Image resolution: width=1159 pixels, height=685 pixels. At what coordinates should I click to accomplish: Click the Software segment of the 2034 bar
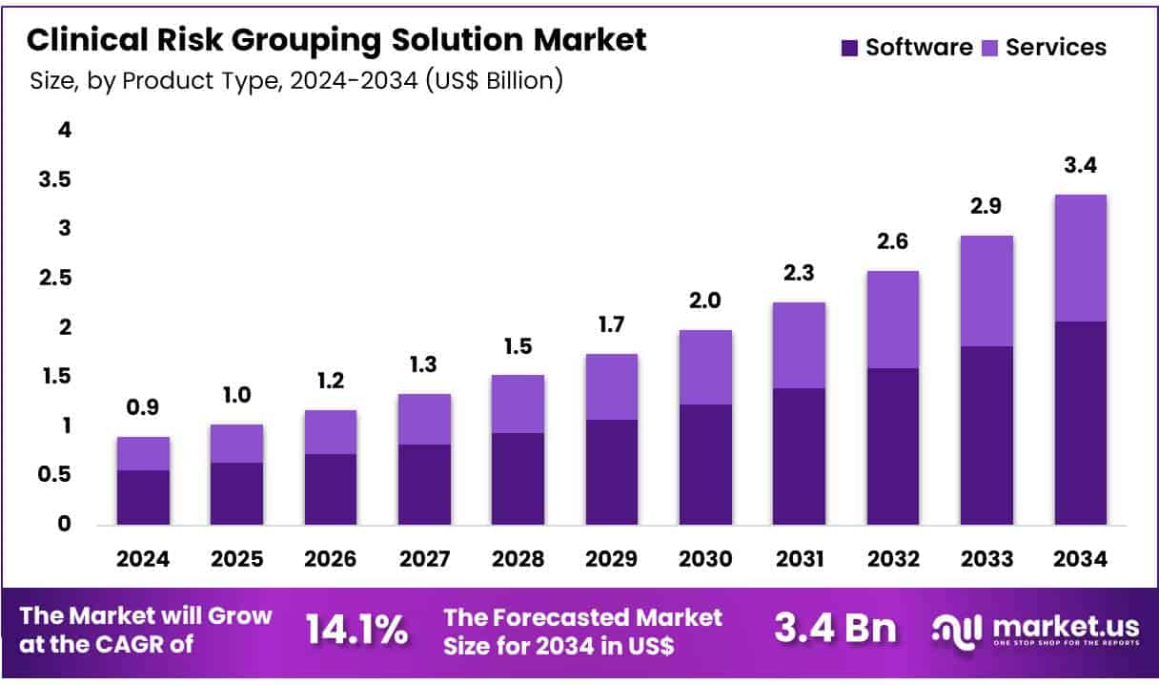(x=1080, y=423)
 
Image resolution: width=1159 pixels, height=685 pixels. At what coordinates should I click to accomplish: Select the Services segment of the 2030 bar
(x=705, y=367)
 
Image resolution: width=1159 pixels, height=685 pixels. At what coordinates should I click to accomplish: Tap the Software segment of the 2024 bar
(x=143, y=497)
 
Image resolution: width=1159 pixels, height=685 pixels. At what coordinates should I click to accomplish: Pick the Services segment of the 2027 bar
(x=424, y=419)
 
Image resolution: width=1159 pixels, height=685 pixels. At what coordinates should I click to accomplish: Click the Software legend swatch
(x=849, y=48)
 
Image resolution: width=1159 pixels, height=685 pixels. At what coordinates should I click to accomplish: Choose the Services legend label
(x=1055, y=48)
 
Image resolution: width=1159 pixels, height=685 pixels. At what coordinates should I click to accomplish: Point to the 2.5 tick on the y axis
(x=51, y=278)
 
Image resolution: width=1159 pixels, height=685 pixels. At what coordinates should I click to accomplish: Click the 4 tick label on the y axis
(x=65, y=130)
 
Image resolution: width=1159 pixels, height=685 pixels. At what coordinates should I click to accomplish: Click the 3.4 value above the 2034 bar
(x=1080, y=165)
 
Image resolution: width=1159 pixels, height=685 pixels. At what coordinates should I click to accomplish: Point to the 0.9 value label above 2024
(x=143, y=407)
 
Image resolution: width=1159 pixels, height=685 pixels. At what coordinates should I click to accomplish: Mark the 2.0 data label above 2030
(x=705, y=301)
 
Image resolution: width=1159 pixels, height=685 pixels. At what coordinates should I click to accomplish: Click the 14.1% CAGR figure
(x=357, y=631)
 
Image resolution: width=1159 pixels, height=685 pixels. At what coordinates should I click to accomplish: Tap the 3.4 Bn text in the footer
(x=835, y=630)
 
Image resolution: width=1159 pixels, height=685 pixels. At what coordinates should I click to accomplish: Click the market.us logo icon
(x=956, y=631)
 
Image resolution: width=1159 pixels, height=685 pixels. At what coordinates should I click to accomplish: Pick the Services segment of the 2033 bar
(x=986, y=291)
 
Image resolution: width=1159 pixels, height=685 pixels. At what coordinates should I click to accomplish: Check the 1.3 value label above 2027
(x=424, y=364)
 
